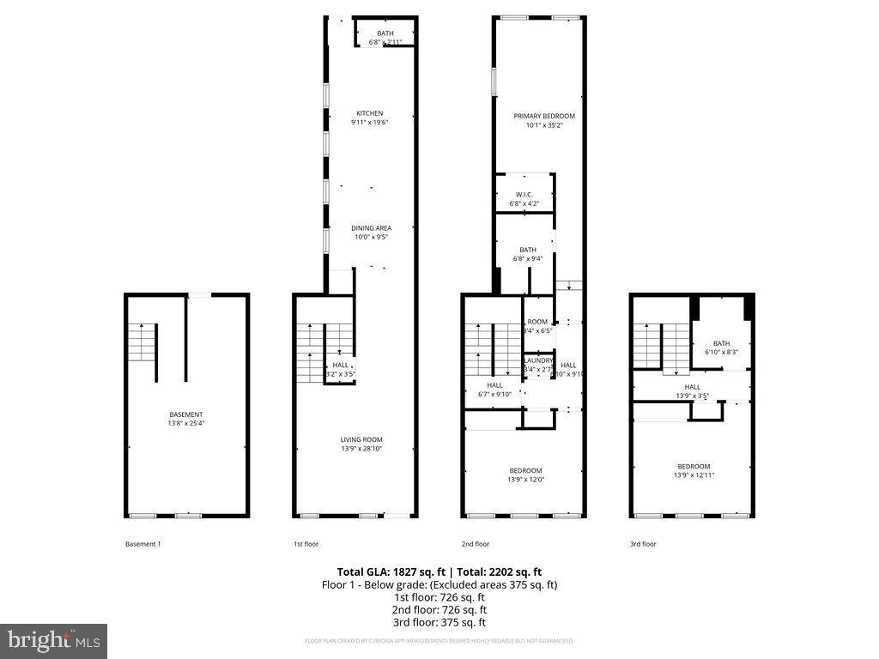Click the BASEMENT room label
pyautogui.click(x=185, y=414)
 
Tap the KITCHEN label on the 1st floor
pyautogui.click(x=370, y=113)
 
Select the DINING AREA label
pyautogui.click(x=371, y=228)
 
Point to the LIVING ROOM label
pyautogui.click(x=361, y=439)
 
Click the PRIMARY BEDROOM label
pyautogui.click(x=544, y=116)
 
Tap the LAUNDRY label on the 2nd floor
pyautogui.click(x=539, y=360)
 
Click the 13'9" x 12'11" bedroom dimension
pyautogui.click(x=693, y=475)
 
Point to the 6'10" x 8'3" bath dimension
pyautogui.click(x=721, y=352)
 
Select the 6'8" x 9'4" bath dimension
pyautogui.click(x=528, y=258)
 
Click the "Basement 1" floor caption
pyautogui.click(x=143, y=544)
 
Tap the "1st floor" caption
pyautogui.click(x=306, y=544)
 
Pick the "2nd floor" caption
pyautogui.click(x=476, y=544)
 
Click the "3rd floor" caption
pyautogui.click(x=643, y=544)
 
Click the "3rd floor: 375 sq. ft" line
pyautogui.click(x=439, y=623)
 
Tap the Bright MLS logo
pyautogui.click(x=53, y=640)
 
